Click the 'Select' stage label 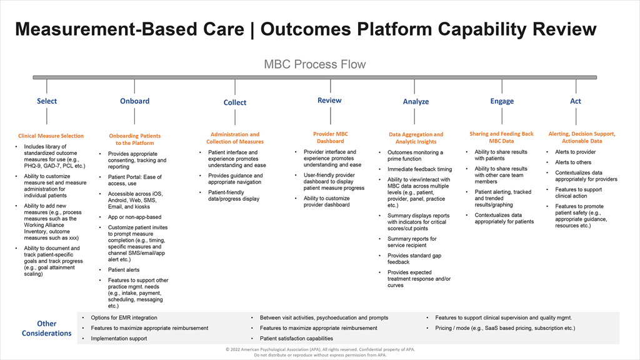click(x=47, y=101)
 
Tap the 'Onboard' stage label click(x=135, y=101)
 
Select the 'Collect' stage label click(x=235, y=102)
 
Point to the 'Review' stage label click(x=329, y=100)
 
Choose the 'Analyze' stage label click(x=416, y=102)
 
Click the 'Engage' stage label click(x=502, y=101)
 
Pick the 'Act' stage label click(x=576, y=101)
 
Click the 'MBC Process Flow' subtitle click(x=314, y=64)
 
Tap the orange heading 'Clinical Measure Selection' click(x=51, y=136)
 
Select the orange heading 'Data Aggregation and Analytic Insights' click(x=416, y=138)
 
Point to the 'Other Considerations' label click(x=47, y=329)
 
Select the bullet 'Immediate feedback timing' click(x=419, y=169)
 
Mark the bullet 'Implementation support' click(x=119, y=339)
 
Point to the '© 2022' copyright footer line click(x=320, y=350)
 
